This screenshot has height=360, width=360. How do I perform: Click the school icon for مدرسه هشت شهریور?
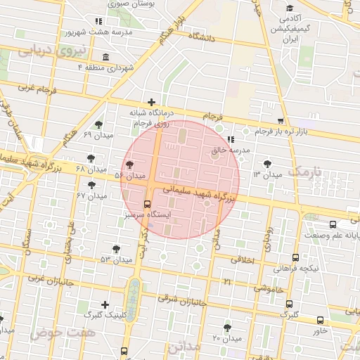pos(98,22)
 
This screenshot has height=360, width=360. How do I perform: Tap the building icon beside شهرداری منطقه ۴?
pos(105,57)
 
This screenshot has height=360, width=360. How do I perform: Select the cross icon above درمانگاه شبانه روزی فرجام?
pos(152,103)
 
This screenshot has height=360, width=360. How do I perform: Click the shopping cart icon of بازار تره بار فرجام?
pos(281,120)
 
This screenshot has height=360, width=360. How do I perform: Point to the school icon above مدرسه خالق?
pos(231,139)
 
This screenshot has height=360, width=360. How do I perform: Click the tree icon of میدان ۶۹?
pos(98,124)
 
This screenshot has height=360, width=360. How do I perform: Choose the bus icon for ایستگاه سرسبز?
pos(147,204)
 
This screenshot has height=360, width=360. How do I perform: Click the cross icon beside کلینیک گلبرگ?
pos(105,304)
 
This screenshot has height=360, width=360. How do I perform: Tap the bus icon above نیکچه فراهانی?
pos(295,257)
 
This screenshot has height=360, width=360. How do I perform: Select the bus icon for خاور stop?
pos(321,320)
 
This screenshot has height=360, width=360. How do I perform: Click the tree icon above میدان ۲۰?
pos(226,327)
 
